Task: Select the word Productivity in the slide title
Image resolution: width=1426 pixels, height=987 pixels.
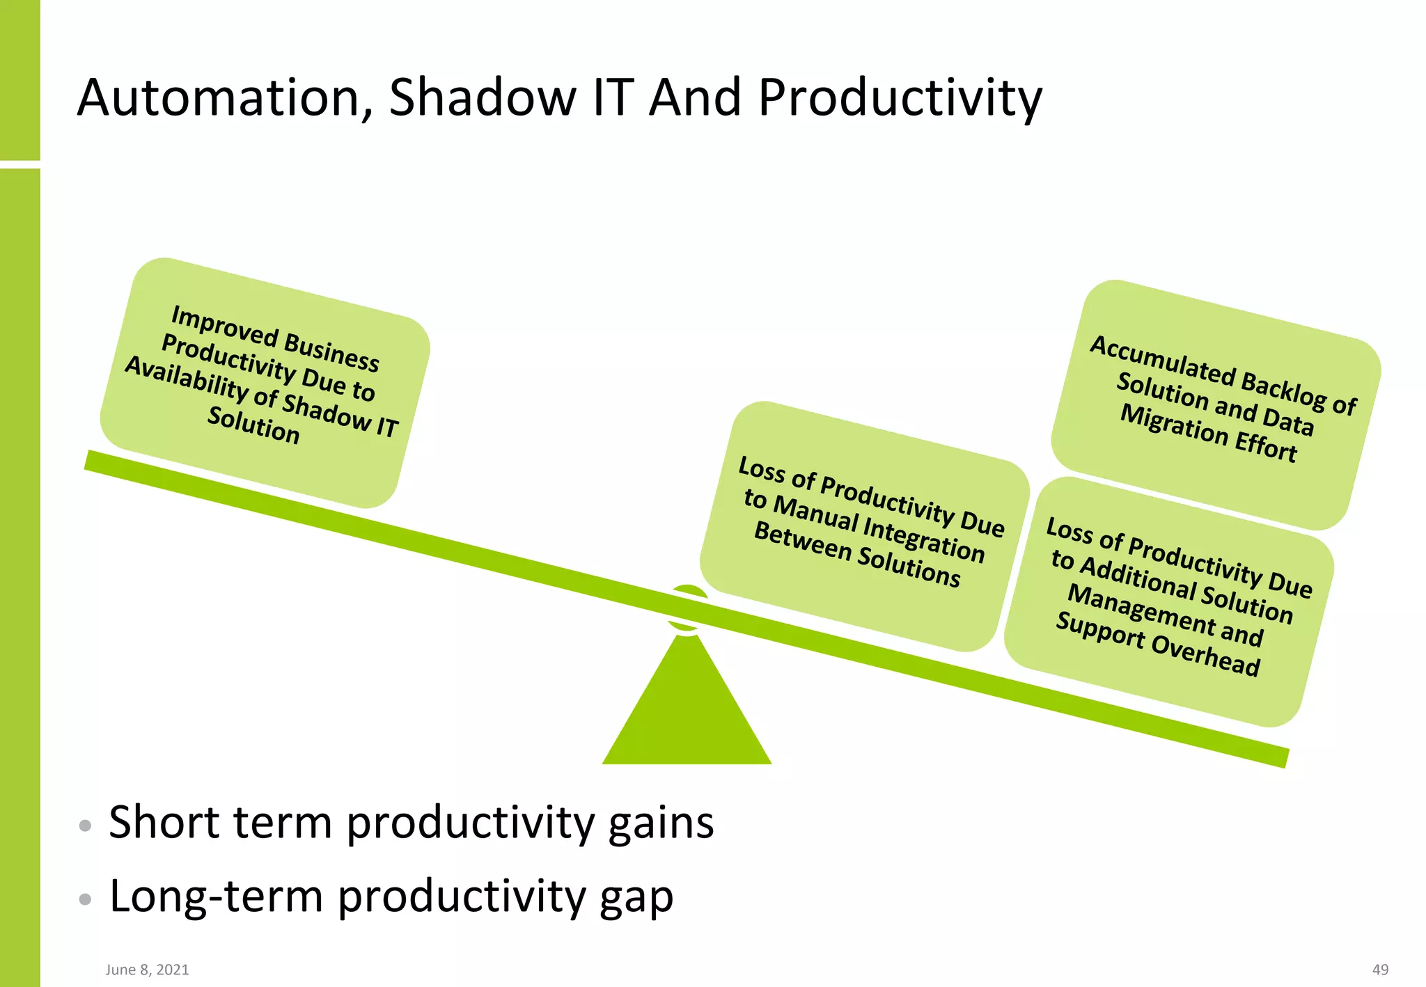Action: point(900,97)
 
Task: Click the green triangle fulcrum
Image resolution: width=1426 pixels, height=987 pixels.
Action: point(687,717)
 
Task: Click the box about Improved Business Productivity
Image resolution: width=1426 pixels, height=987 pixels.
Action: point(265,382)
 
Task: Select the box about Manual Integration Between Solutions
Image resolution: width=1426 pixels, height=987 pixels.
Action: point(863,526)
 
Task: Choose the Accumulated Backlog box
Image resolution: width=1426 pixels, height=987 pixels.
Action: point(1215,404)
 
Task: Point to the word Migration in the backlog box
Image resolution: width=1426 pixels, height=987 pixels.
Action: point(1174,424)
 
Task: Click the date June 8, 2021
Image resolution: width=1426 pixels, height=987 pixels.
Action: point(147,970)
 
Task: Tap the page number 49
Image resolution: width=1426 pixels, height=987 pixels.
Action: point(1380,970)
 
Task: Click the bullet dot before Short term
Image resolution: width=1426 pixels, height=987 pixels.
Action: point(85,826)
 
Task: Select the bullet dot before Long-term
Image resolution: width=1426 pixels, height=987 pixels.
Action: point(85,899)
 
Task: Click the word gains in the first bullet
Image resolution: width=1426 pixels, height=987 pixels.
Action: point(661,823)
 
